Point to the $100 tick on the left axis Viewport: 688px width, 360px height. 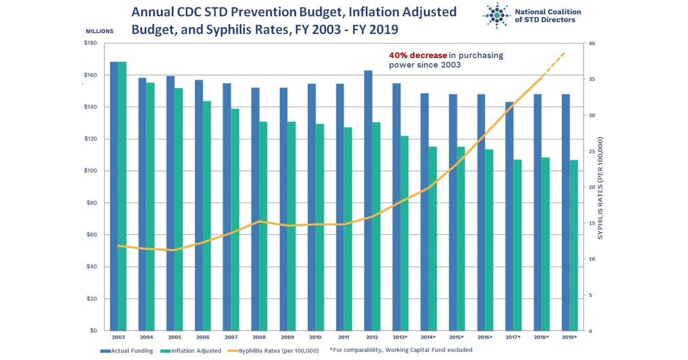(90, 171)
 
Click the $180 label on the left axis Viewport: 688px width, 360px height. (90, 43)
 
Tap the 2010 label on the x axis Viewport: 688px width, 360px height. (315, 337)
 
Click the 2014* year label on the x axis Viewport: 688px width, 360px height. (428, 337)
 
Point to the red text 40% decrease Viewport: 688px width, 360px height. (418, 55)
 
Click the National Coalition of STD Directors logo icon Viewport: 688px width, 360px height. (497, 16)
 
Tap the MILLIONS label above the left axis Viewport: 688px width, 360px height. (99, 31)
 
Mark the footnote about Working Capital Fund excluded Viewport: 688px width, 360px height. (401, 350)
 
